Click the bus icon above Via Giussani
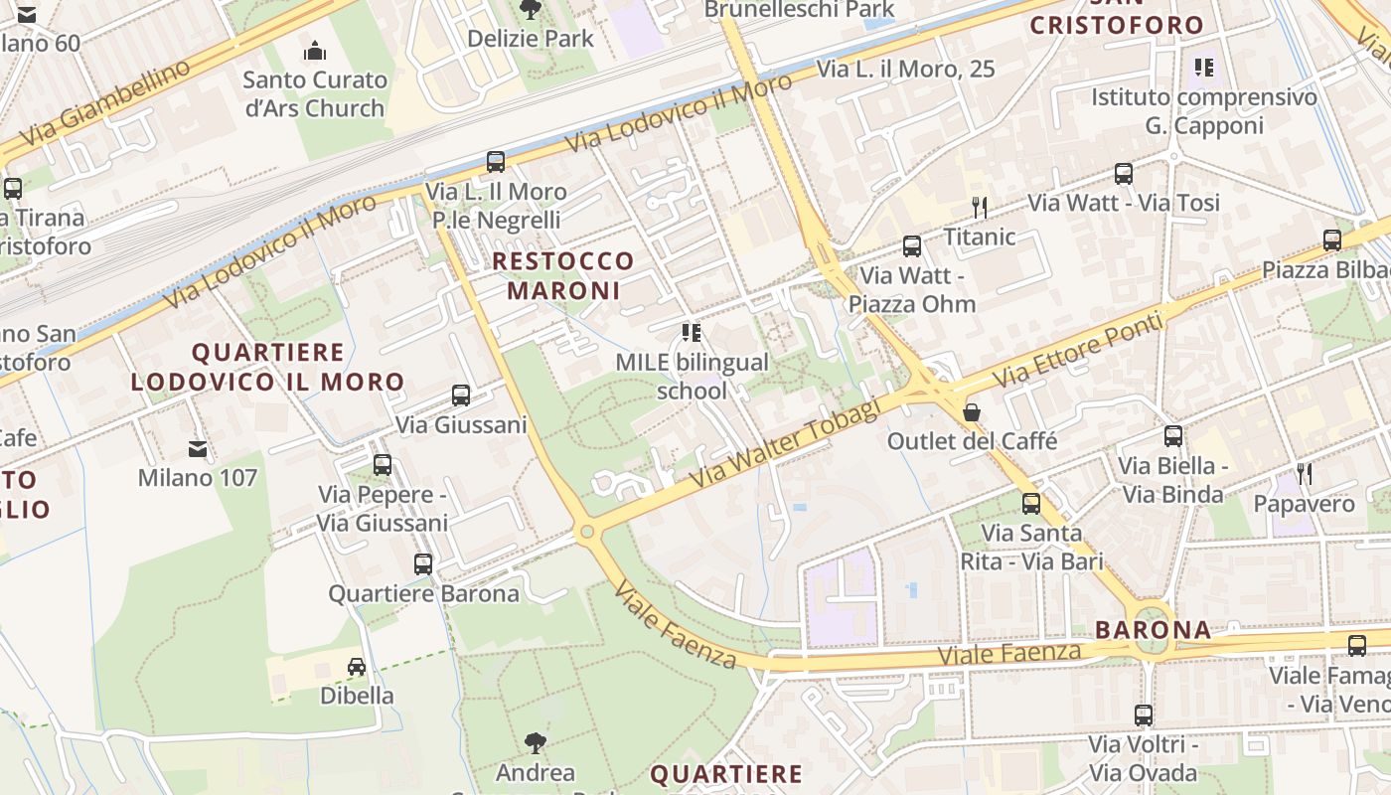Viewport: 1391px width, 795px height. click(x=461, y=395)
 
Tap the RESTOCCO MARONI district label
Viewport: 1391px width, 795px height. click(x=563, y=275)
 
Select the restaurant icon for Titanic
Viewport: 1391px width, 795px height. click(x=980, y=207)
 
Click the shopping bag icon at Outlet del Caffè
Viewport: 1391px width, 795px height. click(x=972, y=411)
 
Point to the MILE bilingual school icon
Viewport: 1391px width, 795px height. click(x=692, y=332)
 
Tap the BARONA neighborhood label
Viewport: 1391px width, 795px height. click(x=1154, y=629)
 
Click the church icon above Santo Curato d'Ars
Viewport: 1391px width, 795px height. click(x=315, y=50)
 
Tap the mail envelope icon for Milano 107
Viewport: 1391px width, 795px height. click(x=198, y=449)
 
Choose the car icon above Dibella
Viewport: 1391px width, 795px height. click(x=357, y=666)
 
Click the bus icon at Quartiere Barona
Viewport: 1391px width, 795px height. click(x=423, y=564)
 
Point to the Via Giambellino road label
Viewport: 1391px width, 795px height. click(x=104, y=102)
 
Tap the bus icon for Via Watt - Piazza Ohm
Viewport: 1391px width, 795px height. click(x=912, y=246)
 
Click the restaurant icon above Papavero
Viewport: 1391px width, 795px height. click(x=1305, y=474)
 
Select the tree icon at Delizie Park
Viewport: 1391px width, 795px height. click(x=531, y=10)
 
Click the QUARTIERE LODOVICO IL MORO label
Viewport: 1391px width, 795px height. click(x=267, y=367)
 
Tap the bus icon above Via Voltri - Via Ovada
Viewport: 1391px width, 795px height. click(x=1144, y=715)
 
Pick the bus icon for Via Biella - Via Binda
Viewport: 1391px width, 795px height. click(x=1173, y=435)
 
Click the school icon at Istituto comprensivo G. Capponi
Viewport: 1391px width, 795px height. click(x=1204, y=68)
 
